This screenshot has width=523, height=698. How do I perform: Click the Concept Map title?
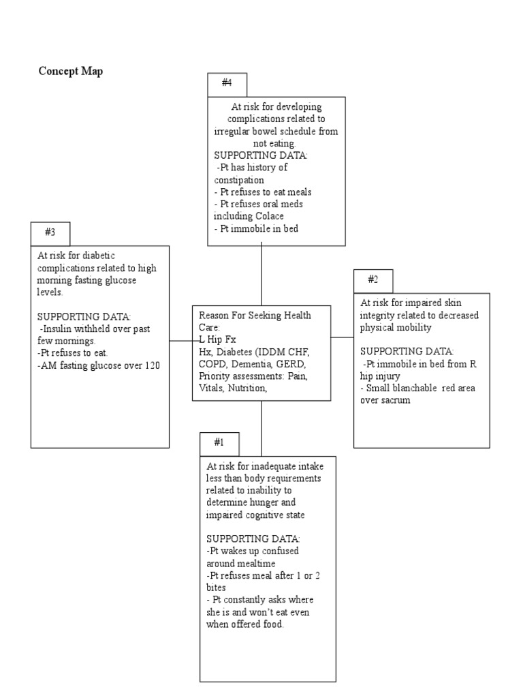pyautogui.click(x=71, y=72)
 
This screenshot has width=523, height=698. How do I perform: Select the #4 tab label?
pyautogui.click(x=227, y=83)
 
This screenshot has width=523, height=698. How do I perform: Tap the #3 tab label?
pyautogui.click(x=50, y=232)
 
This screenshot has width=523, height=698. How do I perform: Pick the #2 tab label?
pyautogui.click(x=373, y=279)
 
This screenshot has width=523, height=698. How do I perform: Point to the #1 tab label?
pyautogui.click(x=219, y=442)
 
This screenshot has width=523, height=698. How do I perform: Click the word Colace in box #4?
pyautogui.click(x=268, y=216)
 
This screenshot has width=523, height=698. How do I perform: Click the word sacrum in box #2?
pyautogui.click(x=396, y=401)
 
